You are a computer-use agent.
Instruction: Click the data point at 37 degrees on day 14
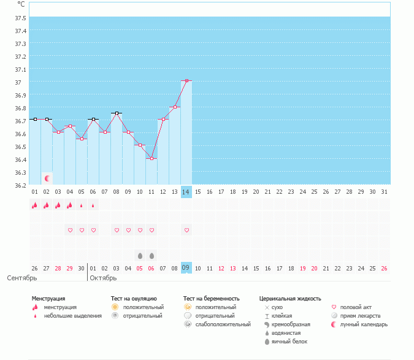click(x=186, y=80)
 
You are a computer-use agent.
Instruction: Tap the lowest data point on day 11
click(x=151, y=158)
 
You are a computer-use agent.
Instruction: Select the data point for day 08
click(x=117, y=113)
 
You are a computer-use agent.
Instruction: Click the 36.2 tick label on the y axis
click(x=20, y=185)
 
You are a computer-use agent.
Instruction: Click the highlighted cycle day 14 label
click(x=186, y=192)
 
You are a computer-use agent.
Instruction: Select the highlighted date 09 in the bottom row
click(x=186, y=267)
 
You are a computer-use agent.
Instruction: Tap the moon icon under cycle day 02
click(x=47, y=178)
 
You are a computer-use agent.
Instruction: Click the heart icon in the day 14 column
click(x=186, y=230)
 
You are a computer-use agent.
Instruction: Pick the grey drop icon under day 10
click(x=140, y=255)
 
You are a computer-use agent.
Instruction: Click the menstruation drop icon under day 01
click(x=35, y=205)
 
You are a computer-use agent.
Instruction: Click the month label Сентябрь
click(x=22, y=278)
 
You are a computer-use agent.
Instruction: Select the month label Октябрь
click(x=103, y=278)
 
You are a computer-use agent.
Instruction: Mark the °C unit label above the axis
click(x=21, y=4)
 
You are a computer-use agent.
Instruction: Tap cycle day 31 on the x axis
click(x=385, y=192)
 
